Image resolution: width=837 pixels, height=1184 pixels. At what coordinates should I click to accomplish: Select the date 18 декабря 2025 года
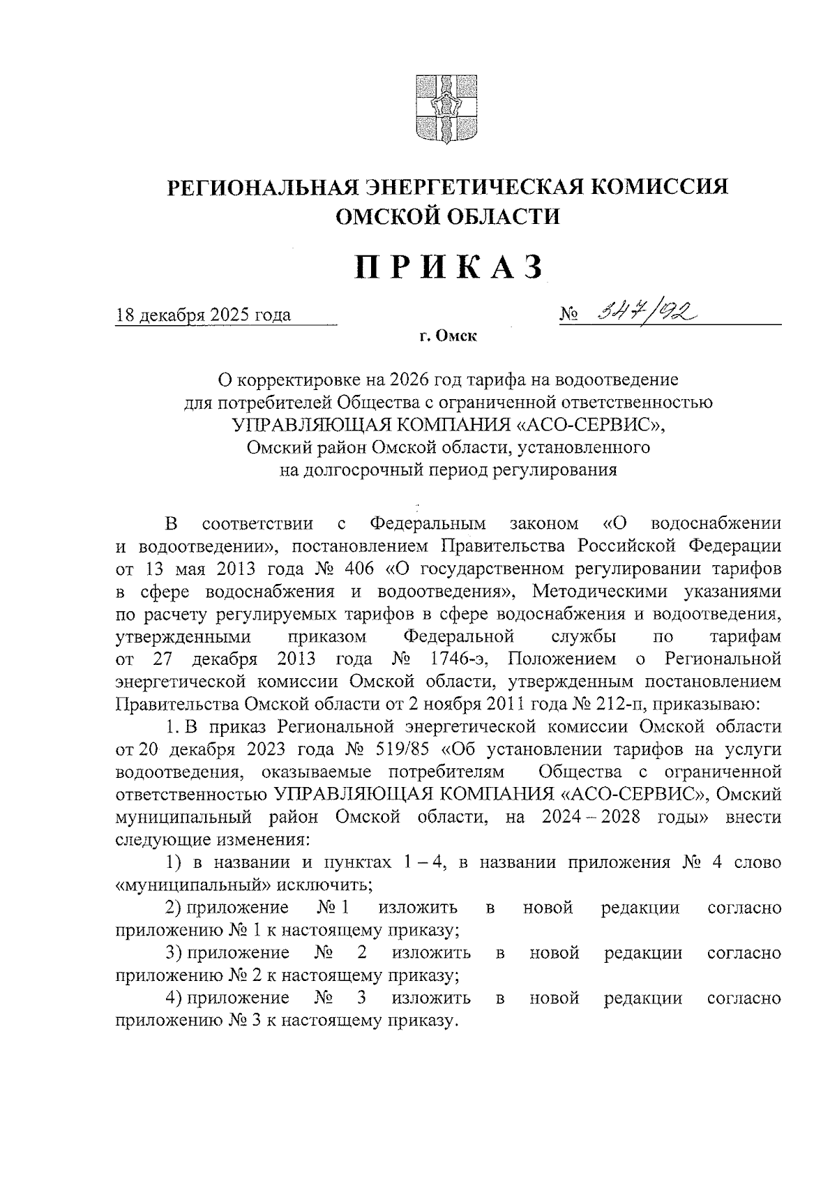click(x=203, y=315)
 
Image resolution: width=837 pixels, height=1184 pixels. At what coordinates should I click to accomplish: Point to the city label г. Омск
click(x=448, y=337)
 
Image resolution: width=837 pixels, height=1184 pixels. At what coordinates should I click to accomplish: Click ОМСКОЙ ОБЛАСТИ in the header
click(x=448, y=216)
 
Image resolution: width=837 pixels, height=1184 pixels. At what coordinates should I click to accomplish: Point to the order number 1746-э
click(x=460, y=659)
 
